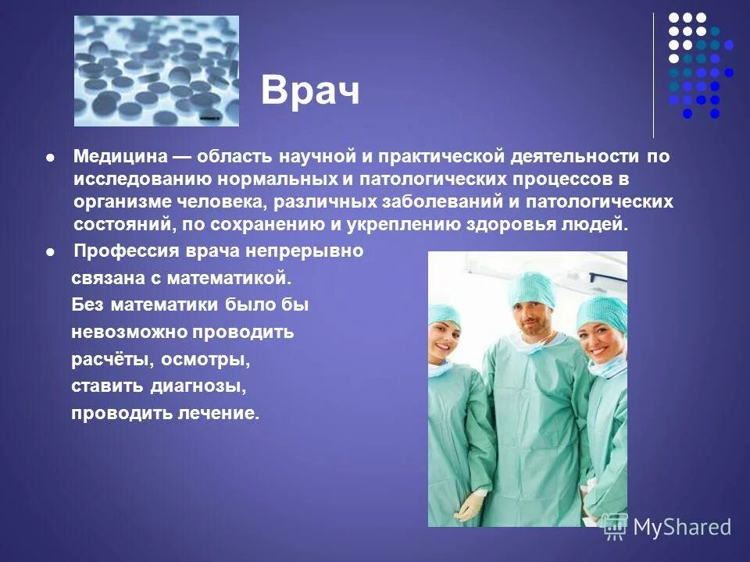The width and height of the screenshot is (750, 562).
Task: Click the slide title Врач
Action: [310, 91]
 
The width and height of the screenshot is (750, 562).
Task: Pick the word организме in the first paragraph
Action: [120, 201]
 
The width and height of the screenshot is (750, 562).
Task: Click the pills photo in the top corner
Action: [156, 71]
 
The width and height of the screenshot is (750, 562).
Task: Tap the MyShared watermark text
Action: [681, 527]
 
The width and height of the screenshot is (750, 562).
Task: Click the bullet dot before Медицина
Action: [51, 157]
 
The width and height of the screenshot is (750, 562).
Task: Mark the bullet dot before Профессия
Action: [51, 252]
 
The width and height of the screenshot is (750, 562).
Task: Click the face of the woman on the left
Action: [444, 340]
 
